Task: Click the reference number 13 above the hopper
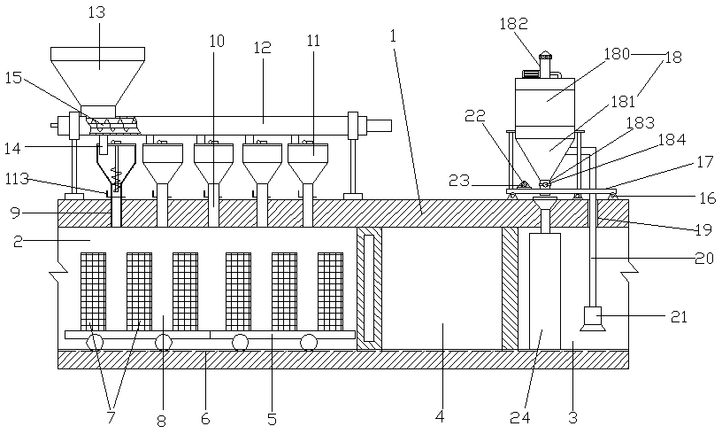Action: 96,12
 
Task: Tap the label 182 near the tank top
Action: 513,24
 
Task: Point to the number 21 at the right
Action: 680,316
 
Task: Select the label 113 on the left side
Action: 17,179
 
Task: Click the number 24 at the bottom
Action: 520,417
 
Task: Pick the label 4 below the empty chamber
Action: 440,417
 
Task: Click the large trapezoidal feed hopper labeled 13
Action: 97,76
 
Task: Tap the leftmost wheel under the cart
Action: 96,343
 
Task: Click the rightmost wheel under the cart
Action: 310,343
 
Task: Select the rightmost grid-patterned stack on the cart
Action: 330,291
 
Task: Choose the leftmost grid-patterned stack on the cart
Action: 93,291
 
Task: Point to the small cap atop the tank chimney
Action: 545,55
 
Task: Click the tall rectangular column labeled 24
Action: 545,291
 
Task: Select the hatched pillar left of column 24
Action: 510,289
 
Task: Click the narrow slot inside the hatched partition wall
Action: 369,288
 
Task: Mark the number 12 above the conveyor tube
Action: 262,48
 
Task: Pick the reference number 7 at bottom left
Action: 111,417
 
